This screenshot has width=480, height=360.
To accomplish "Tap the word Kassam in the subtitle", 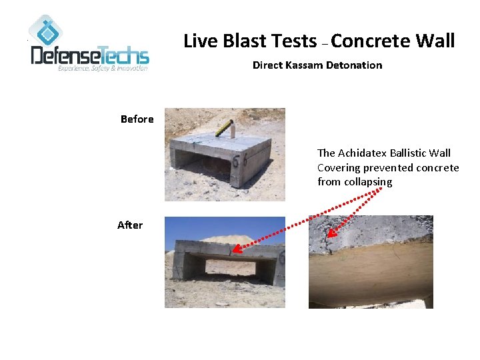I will pyautogui.click(x=303, y=65).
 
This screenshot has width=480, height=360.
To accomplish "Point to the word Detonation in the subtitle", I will pyautogui.click(x=355, y=65).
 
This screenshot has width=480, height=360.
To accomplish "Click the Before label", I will pyautogui.click(x=137, y=119).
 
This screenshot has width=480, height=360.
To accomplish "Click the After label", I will pyautogui.click(x=129, y=225).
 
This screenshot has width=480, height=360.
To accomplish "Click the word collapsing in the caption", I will pyautogui.click(x=368, y=182).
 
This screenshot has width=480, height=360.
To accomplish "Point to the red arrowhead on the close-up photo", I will pyautogui.click(x=331, y=234).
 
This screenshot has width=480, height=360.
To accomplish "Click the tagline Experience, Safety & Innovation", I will pyautogui.click(x=103, y=69).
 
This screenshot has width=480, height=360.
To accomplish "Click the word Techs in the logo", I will pyautogui.click(x=125, y=55).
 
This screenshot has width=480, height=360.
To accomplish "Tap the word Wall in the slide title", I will pyautogui.click(x=436, y=41).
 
